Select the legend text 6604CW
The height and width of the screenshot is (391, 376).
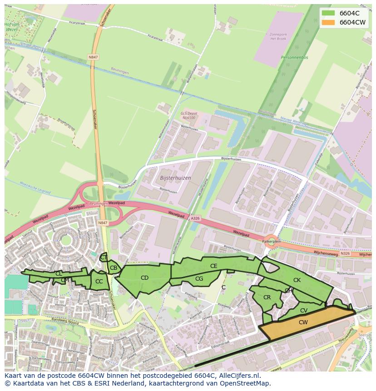coord(352,22)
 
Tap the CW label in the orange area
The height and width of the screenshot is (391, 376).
coord(303,322)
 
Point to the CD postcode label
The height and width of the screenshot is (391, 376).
coord(144,278)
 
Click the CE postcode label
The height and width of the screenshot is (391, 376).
coord(213,266)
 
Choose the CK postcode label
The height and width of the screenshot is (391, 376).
coord(297,280)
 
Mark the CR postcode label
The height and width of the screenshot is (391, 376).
coord(267,297)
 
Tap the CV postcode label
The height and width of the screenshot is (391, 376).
coord(304,311)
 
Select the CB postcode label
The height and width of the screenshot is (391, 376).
coord(114,268)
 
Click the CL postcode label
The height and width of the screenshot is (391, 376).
coord(59,274)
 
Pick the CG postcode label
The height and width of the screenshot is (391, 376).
coord(199,279)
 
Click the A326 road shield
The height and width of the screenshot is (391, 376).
coord(195,218)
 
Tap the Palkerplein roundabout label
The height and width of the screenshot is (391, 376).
coord(272,242)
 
